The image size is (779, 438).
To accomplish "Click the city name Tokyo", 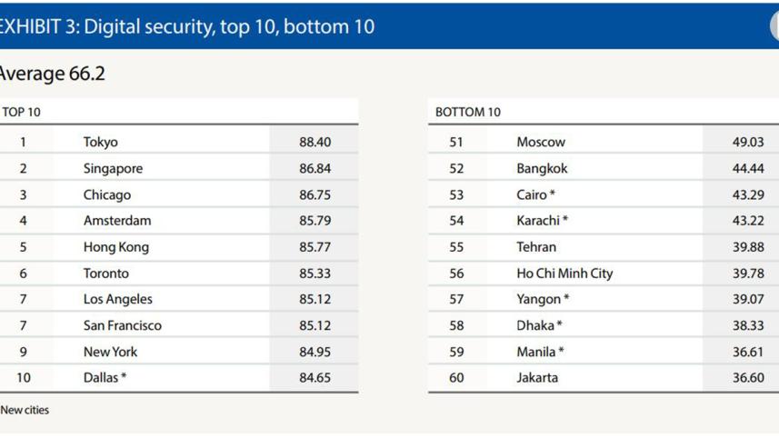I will pyautogui.click(x=101, y=142).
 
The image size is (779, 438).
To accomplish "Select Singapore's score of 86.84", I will pyautogui.click(x=315, y=168).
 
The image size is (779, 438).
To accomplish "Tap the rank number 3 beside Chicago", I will pyautogui.click(x=24, y=194).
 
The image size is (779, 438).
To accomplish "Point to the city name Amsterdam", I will pyautogui.click(x=117, y=221).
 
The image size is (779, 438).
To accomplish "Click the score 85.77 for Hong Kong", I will pyautogui.click(x=315, y=247).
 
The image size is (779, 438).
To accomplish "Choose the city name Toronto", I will pyautogui.click(x=106, y=274).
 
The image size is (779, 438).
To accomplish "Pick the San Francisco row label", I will pyautogui.click(x=122, y=325).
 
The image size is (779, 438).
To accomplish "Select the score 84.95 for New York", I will pyautogui.click(x=315, y=352).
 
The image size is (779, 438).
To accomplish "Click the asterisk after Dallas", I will pyautogui.click(x=124, y=376).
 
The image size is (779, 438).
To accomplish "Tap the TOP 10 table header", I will pyautogui.click(x=22, y=113).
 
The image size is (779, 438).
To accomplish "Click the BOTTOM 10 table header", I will pyautogui.click(x=468, y=113).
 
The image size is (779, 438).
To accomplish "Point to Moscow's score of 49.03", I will pyautogui.click(x=748, y=142).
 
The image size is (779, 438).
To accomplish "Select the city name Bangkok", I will pyautogui.click(x=542, y=168).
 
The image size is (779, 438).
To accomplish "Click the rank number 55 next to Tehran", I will pyautogui.click(x=456, y=247).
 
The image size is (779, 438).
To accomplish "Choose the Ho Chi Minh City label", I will pyautogui.click(x=564, y=274).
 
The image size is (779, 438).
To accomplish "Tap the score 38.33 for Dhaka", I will pyautogui.click(x=748, y=325).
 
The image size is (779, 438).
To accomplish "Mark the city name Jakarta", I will pyautogui.click(x=537, y=378).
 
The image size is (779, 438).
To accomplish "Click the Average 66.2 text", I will pyautogui.click(x=52, y=75).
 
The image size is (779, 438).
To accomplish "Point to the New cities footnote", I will pyautogui.click(x=25, y=411).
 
